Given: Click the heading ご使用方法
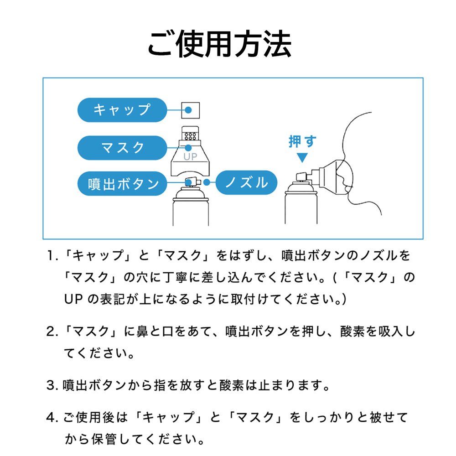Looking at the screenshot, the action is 220,44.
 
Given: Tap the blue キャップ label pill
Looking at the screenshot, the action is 122,110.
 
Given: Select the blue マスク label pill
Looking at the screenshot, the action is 122,148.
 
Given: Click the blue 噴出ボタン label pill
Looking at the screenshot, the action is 122,183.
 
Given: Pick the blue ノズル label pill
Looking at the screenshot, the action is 246,182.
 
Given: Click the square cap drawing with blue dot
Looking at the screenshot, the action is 191,110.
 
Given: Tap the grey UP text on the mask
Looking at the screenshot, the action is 190,157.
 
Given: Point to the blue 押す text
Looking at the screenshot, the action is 302,142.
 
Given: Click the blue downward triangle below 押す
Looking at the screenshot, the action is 302,158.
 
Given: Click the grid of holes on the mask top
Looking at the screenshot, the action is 191,136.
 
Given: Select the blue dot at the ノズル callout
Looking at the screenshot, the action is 207,182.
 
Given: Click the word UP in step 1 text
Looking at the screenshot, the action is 73,299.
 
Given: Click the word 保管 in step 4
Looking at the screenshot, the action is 104,439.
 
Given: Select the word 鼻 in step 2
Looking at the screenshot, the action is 142,332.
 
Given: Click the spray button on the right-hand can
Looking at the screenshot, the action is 301,176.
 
